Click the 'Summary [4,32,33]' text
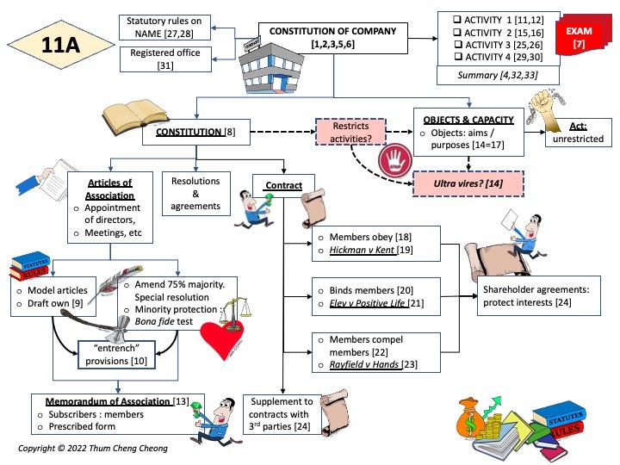[486, 77]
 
